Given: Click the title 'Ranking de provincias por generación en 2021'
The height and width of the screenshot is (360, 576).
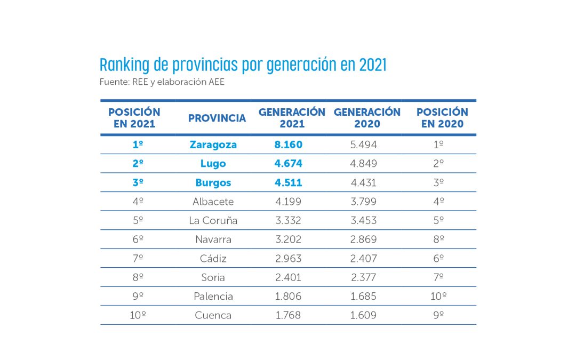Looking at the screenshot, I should pos(243,65).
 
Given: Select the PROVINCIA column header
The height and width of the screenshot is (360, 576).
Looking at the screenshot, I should pos(217,118).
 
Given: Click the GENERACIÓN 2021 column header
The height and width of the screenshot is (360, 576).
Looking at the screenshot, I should pos(292,118).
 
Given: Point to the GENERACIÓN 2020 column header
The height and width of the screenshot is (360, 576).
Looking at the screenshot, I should pos(367,118).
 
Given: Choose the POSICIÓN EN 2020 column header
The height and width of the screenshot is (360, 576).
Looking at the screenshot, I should pos(442,118).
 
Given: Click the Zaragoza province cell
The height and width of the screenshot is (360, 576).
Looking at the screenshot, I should pos(213,145).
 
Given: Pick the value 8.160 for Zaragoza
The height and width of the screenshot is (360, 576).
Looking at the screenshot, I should pos(289,145).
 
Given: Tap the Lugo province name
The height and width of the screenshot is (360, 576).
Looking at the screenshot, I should pos(213,164).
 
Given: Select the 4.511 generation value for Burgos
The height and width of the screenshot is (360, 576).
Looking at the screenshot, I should pos(289,182).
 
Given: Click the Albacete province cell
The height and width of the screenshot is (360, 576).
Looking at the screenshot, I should pos(213,202).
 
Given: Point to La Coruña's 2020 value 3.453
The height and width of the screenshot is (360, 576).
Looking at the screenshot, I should pos(364,220).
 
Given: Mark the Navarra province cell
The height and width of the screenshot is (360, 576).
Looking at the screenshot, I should pos(213,239).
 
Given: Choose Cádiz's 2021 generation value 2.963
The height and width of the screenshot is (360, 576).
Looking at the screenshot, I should pos(289,258).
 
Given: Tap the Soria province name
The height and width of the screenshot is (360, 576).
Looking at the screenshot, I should pos(213,277).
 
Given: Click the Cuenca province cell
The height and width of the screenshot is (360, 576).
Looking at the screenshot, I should pos(213,315).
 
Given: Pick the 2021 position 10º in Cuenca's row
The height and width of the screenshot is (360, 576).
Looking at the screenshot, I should pos(138,315).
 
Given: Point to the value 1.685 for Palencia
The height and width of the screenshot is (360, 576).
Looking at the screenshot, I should pos(364,296).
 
